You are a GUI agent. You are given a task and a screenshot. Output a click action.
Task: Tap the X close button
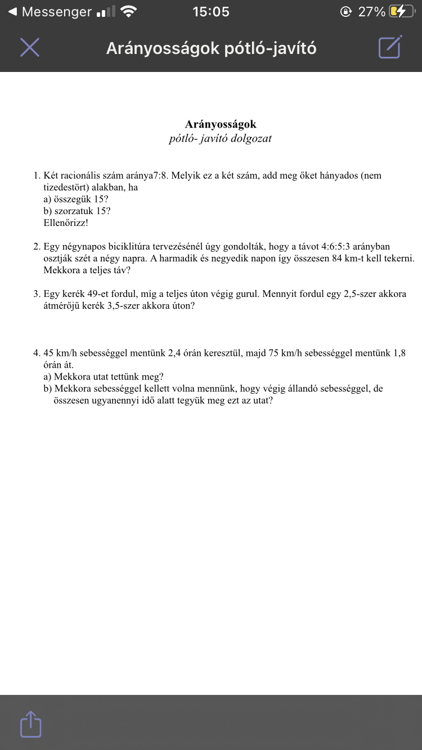(x=30, y=48)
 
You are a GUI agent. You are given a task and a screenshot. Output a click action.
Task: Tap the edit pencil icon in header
(x=390, y=47)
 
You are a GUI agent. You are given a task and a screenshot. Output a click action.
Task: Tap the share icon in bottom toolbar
(x=31, y=724)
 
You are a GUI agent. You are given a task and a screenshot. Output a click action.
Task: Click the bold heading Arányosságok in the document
(x=221, y=124)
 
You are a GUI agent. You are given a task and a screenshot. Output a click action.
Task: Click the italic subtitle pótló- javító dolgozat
(x=220, y=138)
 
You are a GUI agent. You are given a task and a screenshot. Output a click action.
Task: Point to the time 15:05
(x=211, y=12)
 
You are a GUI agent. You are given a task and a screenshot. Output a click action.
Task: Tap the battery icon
(x=401, y=12)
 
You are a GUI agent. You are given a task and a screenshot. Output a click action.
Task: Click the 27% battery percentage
(x=372, y=12)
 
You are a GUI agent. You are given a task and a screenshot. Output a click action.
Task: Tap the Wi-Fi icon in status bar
(x=129, y=12)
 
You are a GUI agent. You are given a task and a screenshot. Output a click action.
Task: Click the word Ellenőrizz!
(x=66, y=223)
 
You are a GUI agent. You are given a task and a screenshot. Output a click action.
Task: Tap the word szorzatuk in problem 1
(x=74, y=211)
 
